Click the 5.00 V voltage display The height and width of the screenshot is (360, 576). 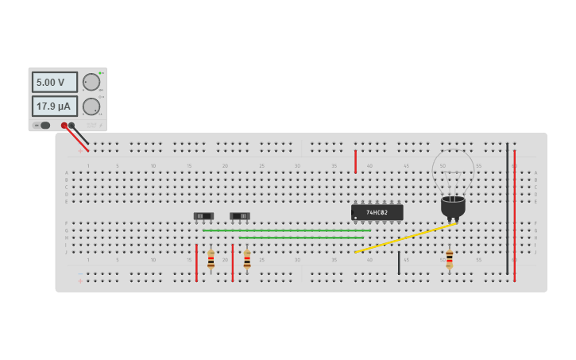(x=54, y=82)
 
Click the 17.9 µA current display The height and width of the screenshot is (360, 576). (x=54, y=106)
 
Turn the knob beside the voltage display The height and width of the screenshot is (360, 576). (x=91, y=82)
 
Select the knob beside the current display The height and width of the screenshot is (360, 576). (x=91, y=106)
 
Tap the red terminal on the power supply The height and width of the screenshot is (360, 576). (x=64, y=126)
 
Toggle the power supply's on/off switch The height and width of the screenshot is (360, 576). (x=44, y=125)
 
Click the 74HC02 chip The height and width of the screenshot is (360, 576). (x=377, y=212)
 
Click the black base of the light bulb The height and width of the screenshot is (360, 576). (x=453, y=207)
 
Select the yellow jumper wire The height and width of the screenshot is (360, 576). (x=405, y=238)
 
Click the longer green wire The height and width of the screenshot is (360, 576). (x=286, y=230)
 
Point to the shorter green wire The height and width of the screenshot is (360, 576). (x=301, y=238)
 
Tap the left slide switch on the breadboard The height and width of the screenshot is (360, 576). (x=204, y=215)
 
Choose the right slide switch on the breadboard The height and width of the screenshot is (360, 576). (x=240, y=215)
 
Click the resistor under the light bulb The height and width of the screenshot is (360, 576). (x=449, y=259)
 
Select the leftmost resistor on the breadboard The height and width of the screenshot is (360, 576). (x=211, y=259)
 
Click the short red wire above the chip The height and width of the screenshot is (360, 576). (x=355, y=161)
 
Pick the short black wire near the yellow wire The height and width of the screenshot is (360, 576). (x=399, y=263)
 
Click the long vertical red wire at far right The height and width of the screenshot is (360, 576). (x=514, y=215)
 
